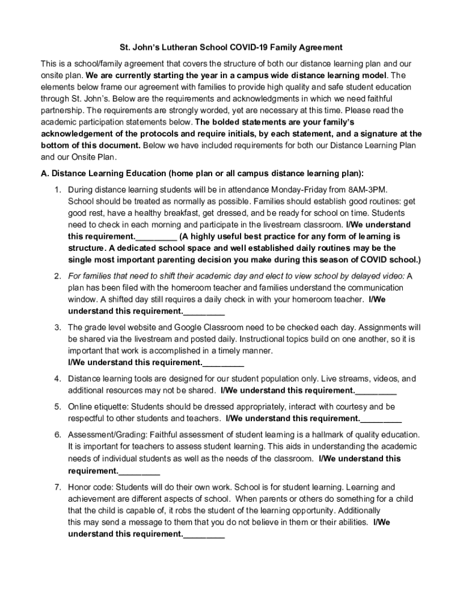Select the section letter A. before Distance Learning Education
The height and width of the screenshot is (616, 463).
pos(45,173)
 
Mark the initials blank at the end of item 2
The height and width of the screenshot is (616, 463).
pos(204,311)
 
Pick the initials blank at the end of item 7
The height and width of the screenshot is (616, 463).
pos(204,534)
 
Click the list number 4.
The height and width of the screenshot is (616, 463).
pos(58,379)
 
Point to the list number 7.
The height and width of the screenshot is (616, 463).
pos(58,487)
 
